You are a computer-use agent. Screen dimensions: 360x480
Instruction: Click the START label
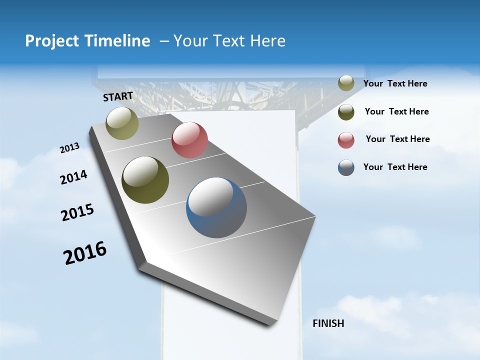(118, 96)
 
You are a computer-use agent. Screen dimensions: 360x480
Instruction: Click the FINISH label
(328, 323)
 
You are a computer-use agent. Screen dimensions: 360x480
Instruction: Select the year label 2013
(70, 148)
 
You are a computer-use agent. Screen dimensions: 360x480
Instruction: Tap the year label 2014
(74, 177)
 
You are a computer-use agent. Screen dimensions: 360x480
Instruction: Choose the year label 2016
(85, 253)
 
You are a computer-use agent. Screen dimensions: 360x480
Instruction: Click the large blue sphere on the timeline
(216, 207)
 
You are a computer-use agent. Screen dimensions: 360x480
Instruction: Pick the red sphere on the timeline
(189, 140)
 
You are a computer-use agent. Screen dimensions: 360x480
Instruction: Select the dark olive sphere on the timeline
(145, 180)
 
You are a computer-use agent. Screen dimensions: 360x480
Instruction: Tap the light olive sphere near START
(122, 123)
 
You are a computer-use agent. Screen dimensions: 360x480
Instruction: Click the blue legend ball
(346, 167)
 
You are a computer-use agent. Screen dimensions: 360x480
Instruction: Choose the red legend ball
(346, 140)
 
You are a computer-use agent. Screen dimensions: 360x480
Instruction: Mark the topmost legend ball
(346, 83)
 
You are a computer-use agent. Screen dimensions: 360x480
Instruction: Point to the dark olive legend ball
(346, 112)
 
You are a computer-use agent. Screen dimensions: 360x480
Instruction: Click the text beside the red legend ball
(398, 139)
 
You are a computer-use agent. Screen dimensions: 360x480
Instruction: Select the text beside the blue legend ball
(395, 167)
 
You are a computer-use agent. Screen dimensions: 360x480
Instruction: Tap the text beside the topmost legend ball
(395, 83)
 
